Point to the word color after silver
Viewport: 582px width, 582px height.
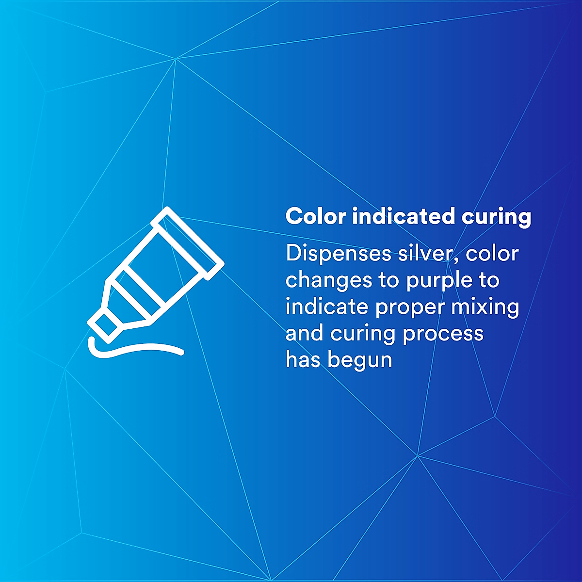point(492,254)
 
